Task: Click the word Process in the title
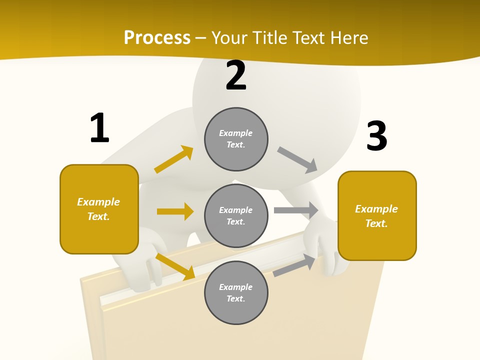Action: click(157, 37)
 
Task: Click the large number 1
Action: click(99, 128)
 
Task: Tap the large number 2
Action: click(236, 75)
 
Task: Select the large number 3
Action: click(376, 136)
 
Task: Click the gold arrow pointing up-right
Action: click(174, 159)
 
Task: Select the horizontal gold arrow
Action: click(175, 211)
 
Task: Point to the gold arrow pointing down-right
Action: click(175, 266)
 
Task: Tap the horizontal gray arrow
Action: click(296, 210)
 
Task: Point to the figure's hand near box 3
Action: click(327, 250)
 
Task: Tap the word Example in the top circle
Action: click(235, 133)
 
